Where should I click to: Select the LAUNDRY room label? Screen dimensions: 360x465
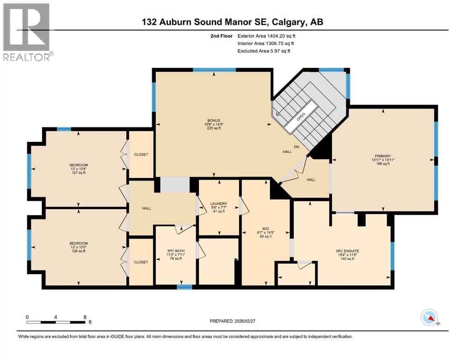(x=220, y=203)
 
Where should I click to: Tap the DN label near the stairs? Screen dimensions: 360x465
(x=296, y=147)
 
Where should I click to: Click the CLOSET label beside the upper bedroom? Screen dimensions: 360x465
(x=141, y=154)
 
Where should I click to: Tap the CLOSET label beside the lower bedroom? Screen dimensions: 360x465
(x=141, y=262)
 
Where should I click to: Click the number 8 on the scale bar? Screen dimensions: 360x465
(x=85, y=317)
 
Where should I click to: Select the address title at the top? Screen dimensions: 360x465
(x=232, y=22)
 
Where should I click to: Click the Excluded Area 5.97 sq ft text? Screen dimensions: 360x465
(x=264, y=51)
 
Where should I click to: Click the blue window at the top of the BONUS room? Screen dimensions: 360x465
(x=214, y=70)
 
